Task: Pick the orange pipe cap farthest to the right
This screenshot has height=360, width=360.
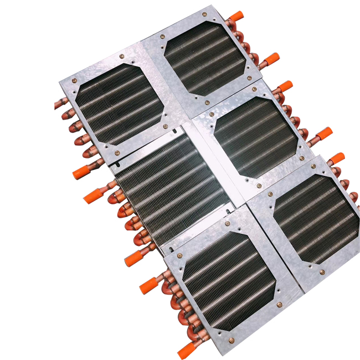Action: (x=336, y=158)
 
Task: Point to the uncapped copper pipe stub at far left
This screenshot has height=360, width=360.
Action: (x=61, y=102)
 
